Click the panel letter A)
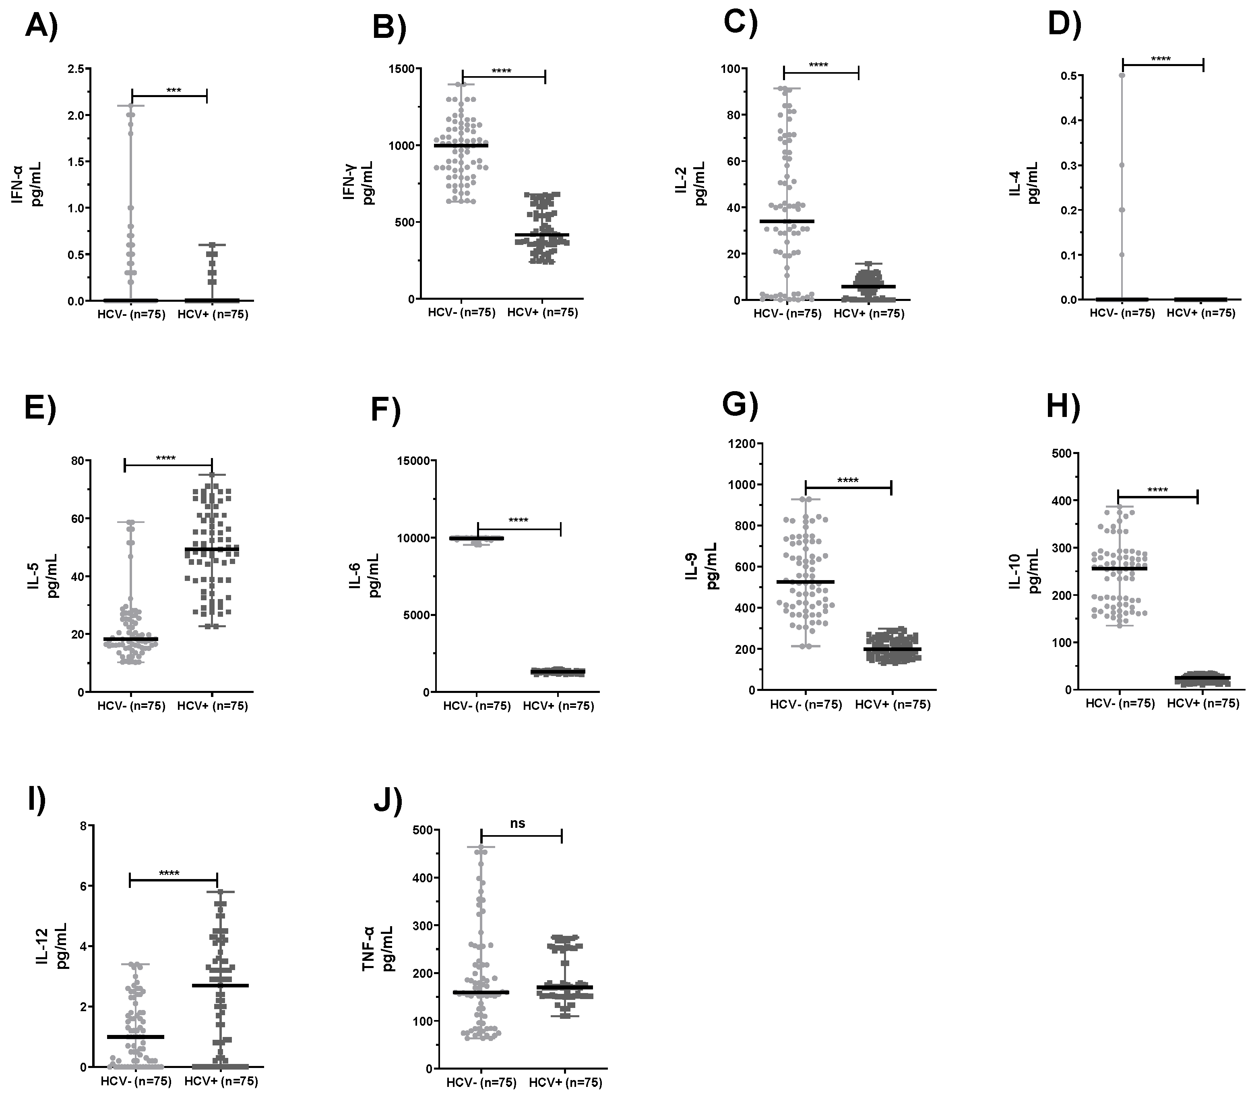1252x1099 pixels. click(41, 27)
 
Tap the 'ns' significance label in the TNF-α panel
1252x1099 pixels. click(518, 823)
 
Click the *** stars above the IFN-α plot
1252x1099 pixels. click(174, 91)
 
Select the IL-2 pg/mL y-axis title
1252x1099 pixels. click(690, 183)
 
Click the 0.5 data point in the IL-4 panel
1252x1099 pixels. click(1122, 75)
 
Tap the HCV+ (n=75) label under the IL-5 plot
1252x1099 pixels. click(213, 706)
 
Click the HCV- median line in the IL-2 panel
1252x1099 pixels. click(787, 221)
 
